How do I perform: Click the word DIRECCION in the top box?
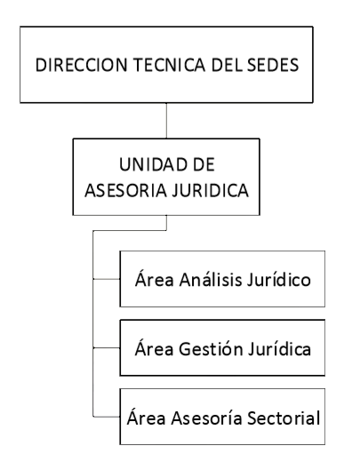[x=82, y=65]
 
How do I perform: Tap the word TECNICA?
[x=169, y=65]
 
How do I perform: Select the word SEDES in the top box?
[x=273, y=65]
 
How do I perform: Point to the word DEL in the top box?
[x=228, y=65]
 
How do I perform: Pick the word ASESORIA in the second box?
[x=125, y=190]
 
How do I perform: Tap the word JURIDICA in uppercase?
[x=211, y=190]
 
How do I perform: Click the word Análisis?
[x=211, y=279]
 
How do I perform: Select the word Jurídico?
[x=279, y=279]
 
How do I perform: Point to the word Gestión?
[x=212, y=348]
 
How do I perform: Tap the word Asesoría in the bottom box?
[x=206, y=418]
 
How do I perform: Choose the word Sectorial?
[x=284, y=418]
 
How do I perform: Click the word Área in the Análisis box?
[x=155, y=279]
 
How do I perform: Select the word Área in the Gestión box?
[x=155, y=347]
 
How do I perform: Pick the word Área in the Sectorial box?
[x=147, y=417]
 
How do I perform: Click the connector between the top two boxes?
[x=166, y=121]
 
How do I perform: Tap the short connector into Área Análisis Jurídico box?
[x=107, y=279]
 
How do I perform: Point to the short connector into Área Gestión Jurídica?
[x=107, y=348]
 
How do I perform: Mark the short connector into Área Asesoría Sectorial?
[x=107, y=417]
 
